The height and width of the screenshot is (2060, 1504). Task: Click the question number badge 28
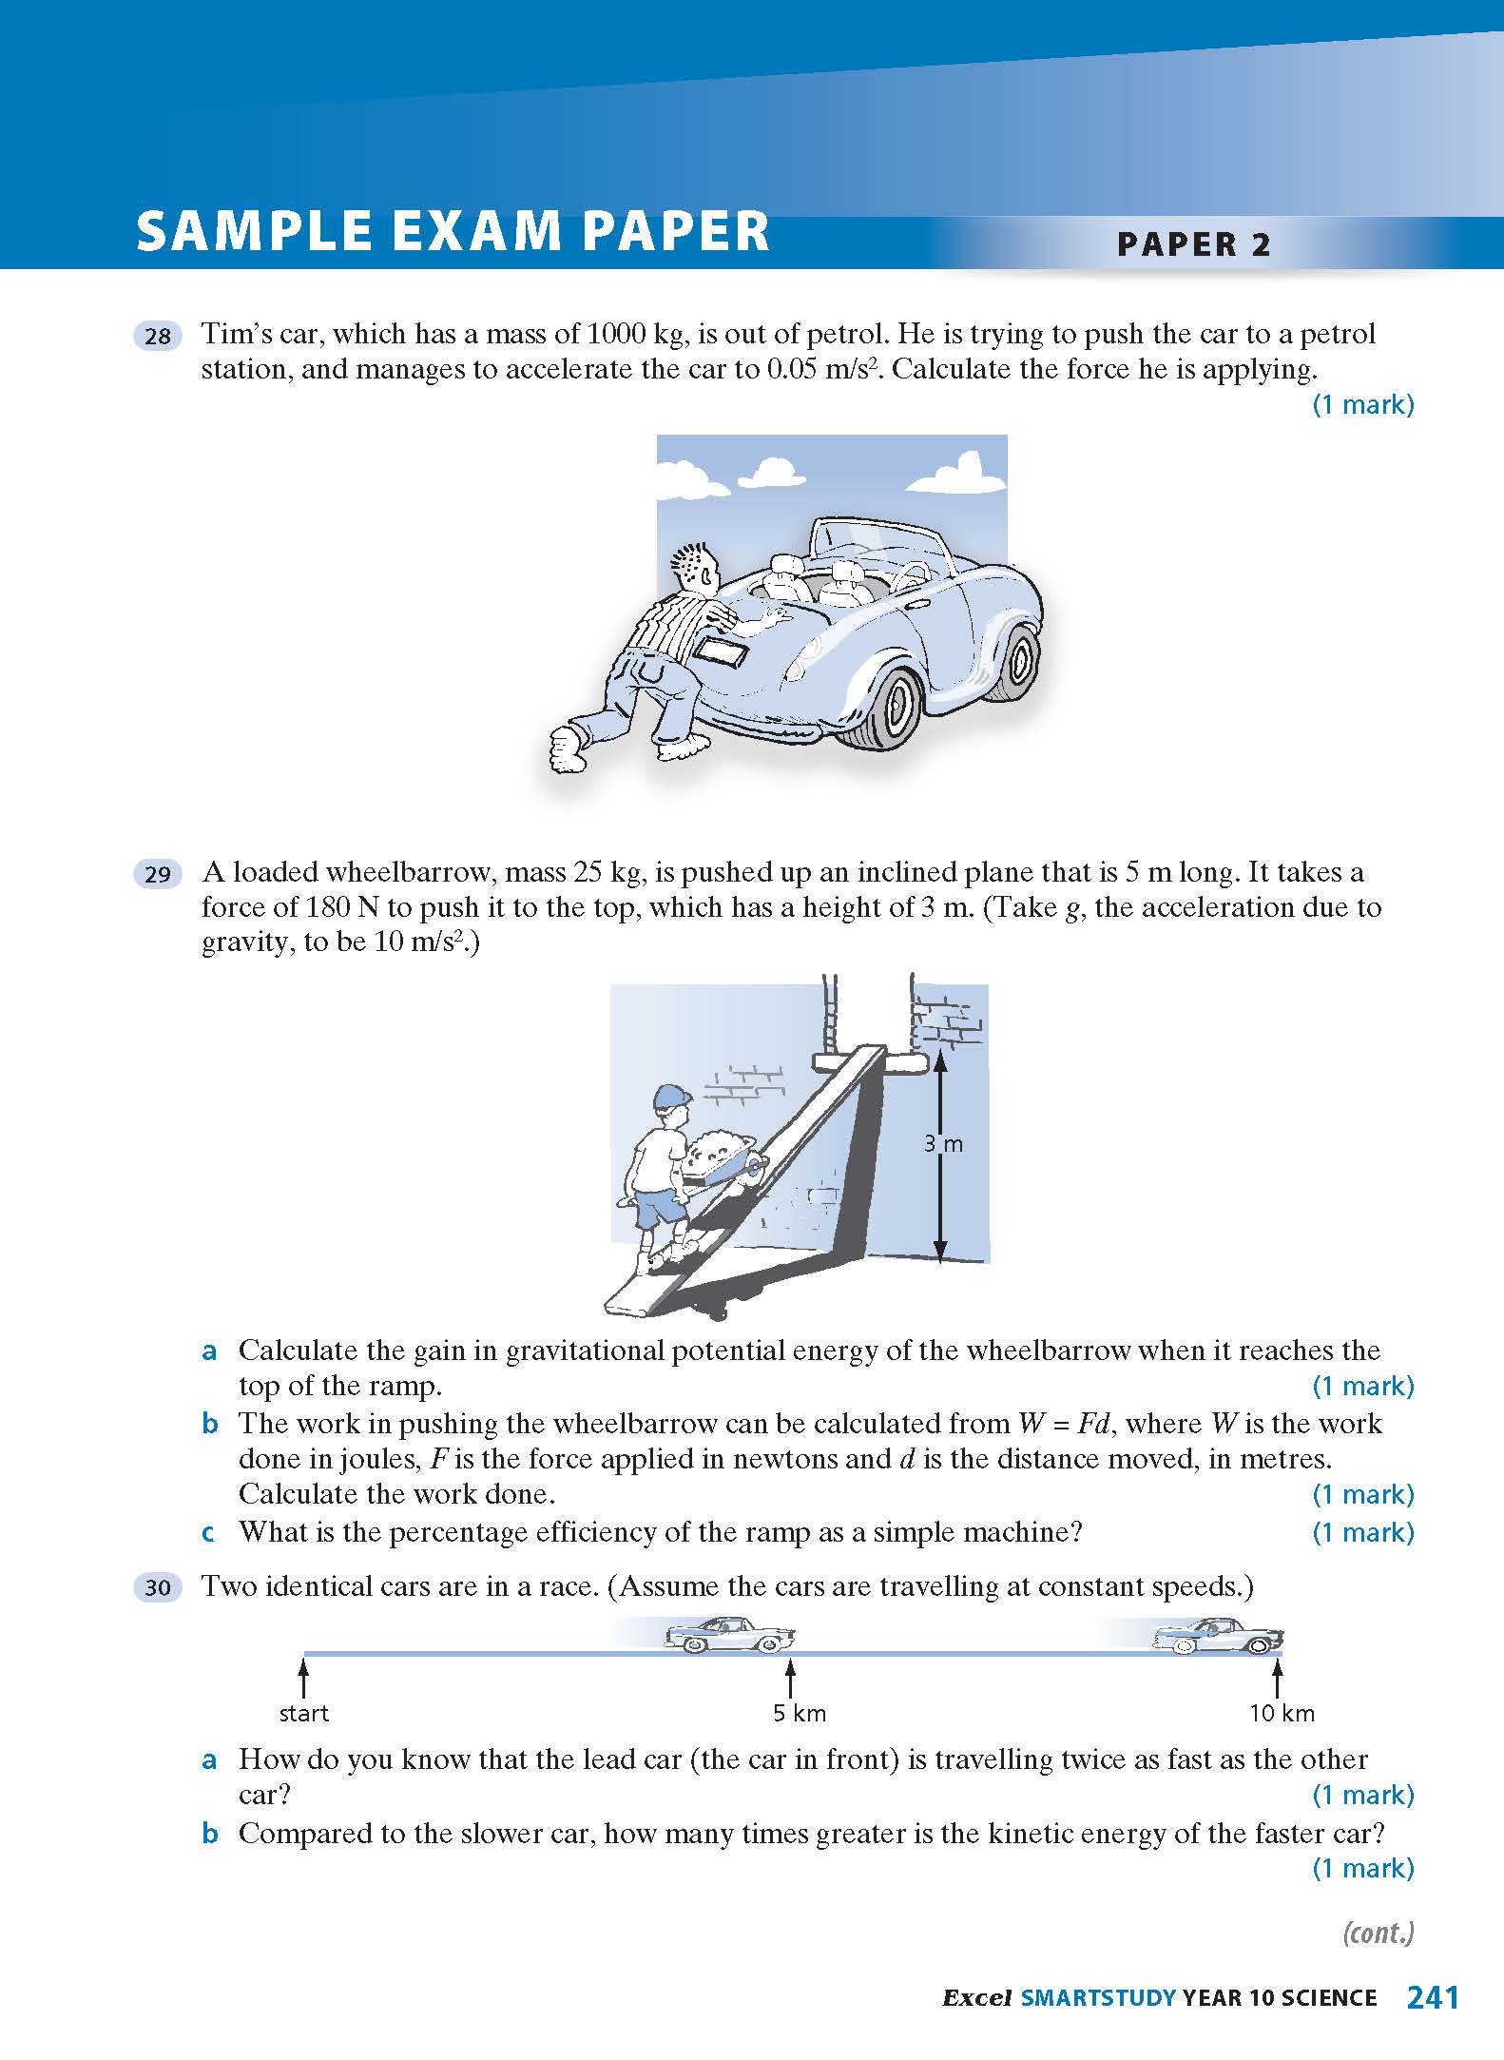coord(158,336)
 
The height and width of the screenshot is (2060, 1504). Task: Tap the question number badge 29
coord(158,874)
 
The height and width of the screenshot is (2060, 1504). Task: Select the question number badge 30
coord(158,1587)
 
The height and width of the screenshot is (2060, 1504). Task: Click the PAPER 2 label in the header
coord(1193,244)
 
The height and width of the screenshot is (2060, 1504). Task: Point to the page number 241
coord(1432,1998)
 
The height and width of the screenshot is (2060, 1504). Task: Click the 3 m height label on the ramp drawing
coord(943,1144)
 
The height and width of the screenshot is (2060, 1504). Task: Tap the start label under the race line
coord(303,1714)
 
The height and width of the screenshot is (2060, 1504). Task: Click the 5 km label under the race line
coord(799,1714)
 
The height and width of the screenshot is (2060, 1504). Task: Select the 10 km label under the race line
coord(1281,1714)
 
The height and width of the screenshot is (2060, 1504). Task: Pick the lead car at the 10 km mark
coord(1217,1635)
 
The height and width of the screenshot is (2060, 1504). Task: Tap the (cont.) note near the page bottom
coord(1378,1934)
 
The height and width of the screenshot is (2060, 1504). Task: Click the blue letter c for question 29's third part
coord(208,1532)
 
